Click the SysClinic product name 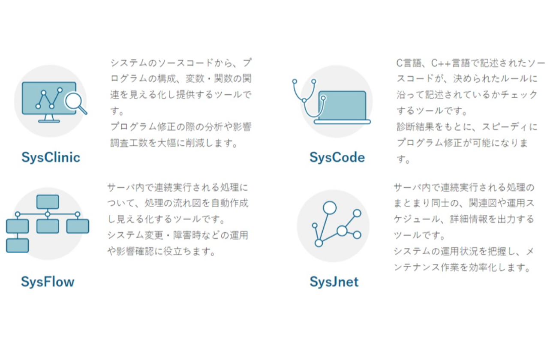(51, 157)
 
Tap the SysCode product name (337, 157)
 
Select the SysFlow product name (48, 282)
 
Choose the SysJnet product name (334, 282)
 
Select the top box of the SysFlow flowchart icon (48, 201)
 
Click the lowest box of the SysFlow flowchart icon (17, 246)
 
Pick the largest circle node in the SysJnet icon (330, 208)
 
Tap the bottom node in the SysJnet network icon (319, 243)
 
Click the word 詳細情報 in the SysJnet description (469, 219)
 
